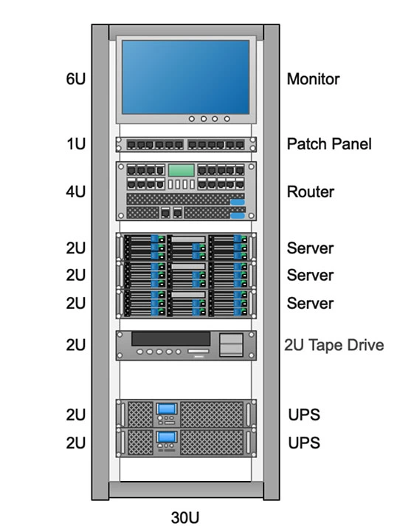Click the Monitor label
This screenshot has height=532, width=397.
(x=313, y=79)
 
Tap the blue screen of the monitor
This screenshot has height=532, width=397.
(x=186, y=77)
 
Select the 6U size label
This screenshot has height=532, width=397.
(x=75, y=79)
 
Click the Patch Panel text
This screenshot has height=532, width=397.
(x=329, y=144)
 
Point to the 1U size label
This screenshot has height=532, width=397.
(x=76, y=144)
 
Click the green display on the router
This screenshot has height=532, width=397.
(x=182, y=170)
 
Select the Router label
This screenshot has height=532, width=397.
(x=310, y=191)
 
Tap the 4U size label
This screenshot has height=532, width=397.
(x=75, y=191)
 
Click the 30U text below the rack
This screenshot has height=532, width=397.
(x=185, y=517)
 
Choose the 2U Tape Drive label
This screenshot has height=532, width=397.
(x=334, y=345)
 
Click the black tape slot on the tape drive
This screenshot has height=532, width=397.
(x=170, y=339)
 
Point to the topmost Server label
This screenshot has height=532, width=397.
(x=310, y=248)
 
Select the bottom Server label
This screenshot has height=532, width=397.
(x=310, y=304)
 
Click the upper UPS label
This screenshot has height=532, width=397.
(x=304, y=415)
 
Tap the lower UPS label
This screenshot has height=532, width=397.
(x=304, y=443)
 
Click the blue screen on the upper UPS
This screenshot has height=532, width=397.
(x=167, y=409)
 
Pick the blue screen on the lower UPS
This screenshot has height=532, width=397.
(x=167, y=437)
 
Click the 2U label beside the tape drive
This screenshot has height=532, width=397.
(x=75, y=345)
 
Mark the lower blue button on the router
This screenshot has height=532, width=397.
(x=238, y=216)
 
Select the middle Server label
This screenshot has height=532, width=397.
(x=310, y=275)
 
